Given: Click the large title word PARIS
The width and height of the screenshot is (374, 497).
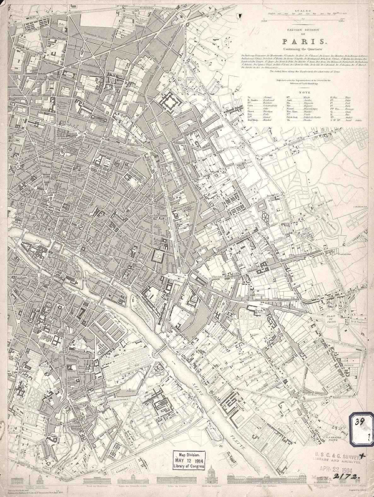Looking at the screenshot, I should pos(304,41).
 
